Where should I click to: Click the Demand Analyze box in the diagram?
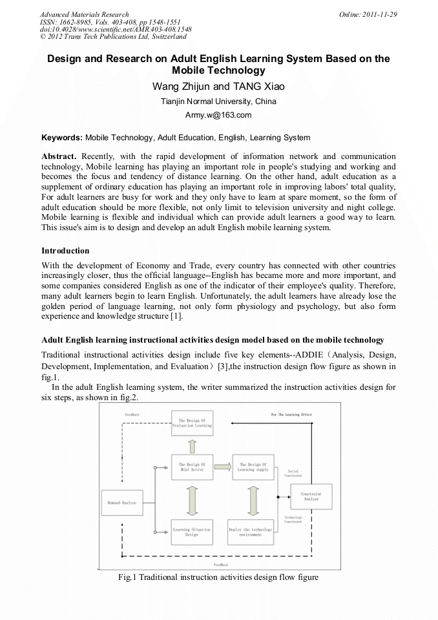pyautogui.click(x=122, y=503)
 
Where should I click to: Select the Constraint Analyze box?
pyautogui.click(x=311, y=497)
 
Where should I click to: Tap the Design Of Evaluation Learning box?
pyautogui.click(x=191, y=423)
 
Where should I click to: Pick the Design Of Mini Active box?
pyautogui.click(x=191, y=467)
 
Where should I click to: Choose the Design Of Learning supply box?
pyautogui.click(x=253, y=467)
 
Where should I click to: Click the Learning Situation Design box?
pyautogui.click(x=191, y=531)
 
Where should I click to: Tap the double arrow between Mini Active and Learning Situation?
pyautogui.click(x=191, y=499)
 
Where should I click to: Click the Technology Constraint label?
pyautogui.click(x=293, y=520)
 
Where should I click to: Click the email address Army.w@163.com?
pyautogui.click(x=218, y=115)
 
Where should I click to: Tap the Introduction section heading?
pyautogui.click(x=65, y=250)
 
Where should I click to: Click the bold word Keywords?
pyautogui.click(x=62, y=138)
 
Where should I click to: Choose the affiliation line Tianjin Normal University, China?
pyautogui.click(x=218, y=102)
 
